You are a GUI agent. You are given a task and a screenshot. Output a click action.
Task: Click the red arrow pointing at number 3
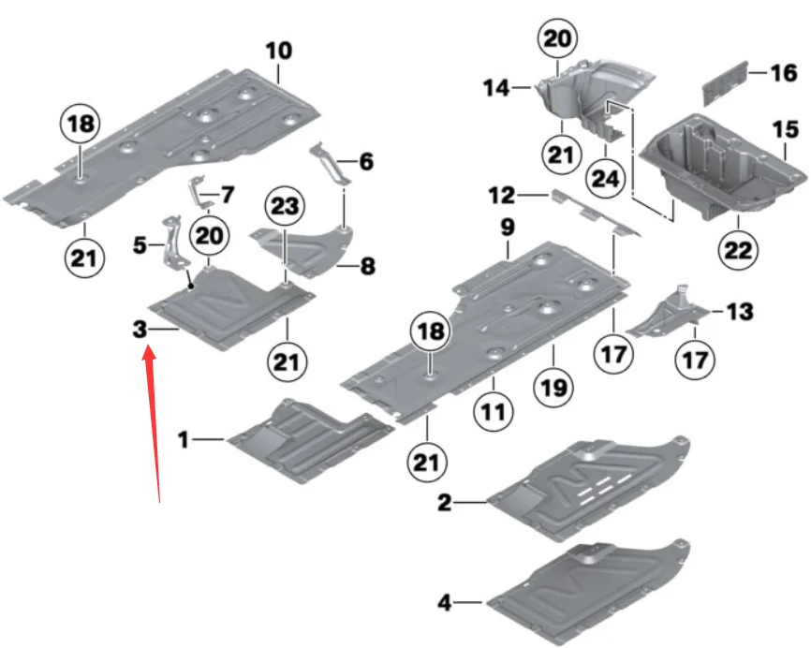pos(152,424)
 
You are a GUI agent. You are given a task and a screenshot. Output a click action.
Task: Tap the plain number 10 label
pos(279,51)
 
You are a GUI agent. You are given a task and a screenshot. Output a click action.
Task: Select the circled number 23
pos(285,206)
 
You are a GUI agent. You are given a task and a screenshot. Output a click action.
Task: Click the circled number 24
pos(605,179)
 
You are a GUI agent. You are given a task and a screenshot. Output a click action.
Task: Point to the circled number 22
pos(738,250)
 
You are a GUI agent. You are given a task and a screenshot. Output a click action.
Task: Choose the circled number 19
pos(554,388)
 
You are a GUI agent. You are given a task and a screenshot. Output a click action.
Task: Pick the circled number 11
pos(493,412)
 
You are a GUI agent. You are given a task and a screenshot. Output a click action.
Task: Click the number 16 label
pos(784,73)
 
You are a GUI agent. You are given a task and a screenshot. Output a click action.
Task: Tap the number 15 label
pos(786,129)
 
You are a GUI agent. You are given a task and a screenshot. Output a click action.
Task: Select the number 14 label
pos(496,88)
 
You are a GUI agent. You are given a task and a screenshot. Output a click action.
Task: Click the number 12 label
pos(502,196)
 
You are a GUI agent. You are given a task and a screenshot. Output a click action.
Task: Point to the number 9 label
pos(508,227)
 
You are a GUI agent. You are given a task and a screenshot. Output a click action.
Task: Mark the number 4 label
pos(445,602)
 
